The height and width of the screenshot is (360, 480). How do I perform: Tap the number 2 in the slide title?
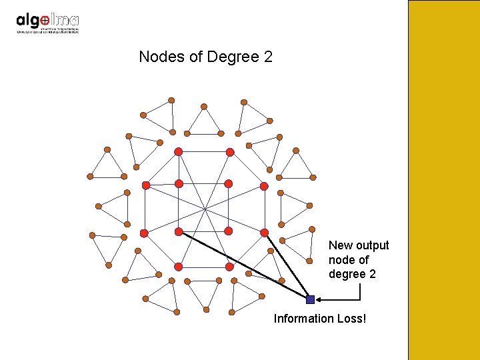(x=268, y=57)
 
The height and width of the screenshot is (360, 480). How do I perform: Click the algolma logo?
(x=47, y=22)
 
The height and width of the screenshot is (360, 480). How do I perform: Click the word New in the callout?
(x=341, y=245)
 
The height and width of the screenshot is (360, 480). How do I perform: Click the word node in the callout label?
(x=343, y=260)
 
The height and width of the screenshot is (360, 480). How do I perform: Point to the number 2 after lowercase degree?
(x=372, y=274)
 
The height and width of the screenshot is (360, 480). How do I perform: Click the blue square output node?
(x=310, y=299)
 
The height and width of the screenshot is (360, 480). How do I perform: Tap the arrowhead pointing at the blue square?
(x=319, y=299)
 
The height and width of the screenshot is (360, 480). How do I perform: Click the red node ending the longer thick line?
(x=179, y=231)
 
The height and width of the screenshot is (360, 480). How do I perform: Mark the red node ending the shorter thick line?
(x=264, y=232)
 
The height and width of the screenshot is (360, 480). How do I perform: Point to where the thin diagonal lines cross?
(x=205, y=209)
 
